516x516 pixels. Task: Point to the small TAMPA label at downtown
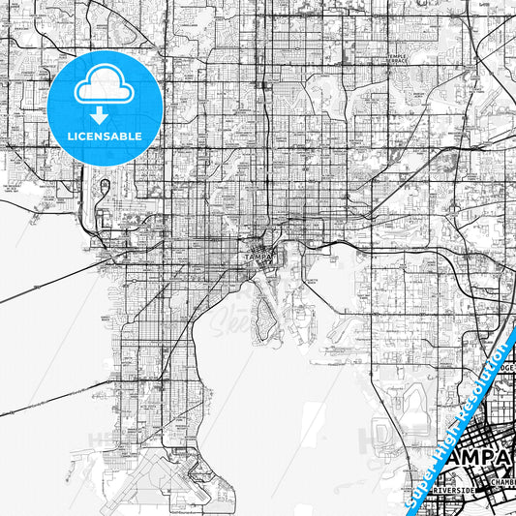coord(255,257)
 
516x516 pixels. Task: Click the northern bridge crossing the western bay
coord(58,281)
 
